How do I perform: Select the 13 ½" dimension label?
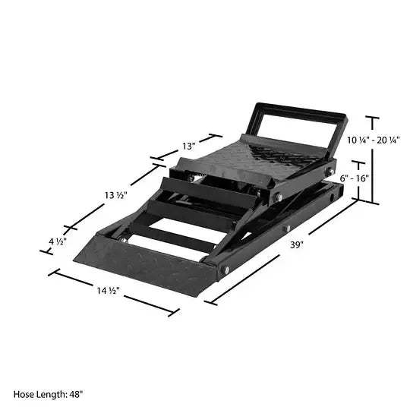pos(116,196)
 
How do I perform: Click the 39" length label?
pos(296,244)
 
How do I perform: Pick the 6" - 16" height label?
pos(354,177)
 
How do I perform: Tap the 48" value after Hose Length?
pos(74,395)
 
